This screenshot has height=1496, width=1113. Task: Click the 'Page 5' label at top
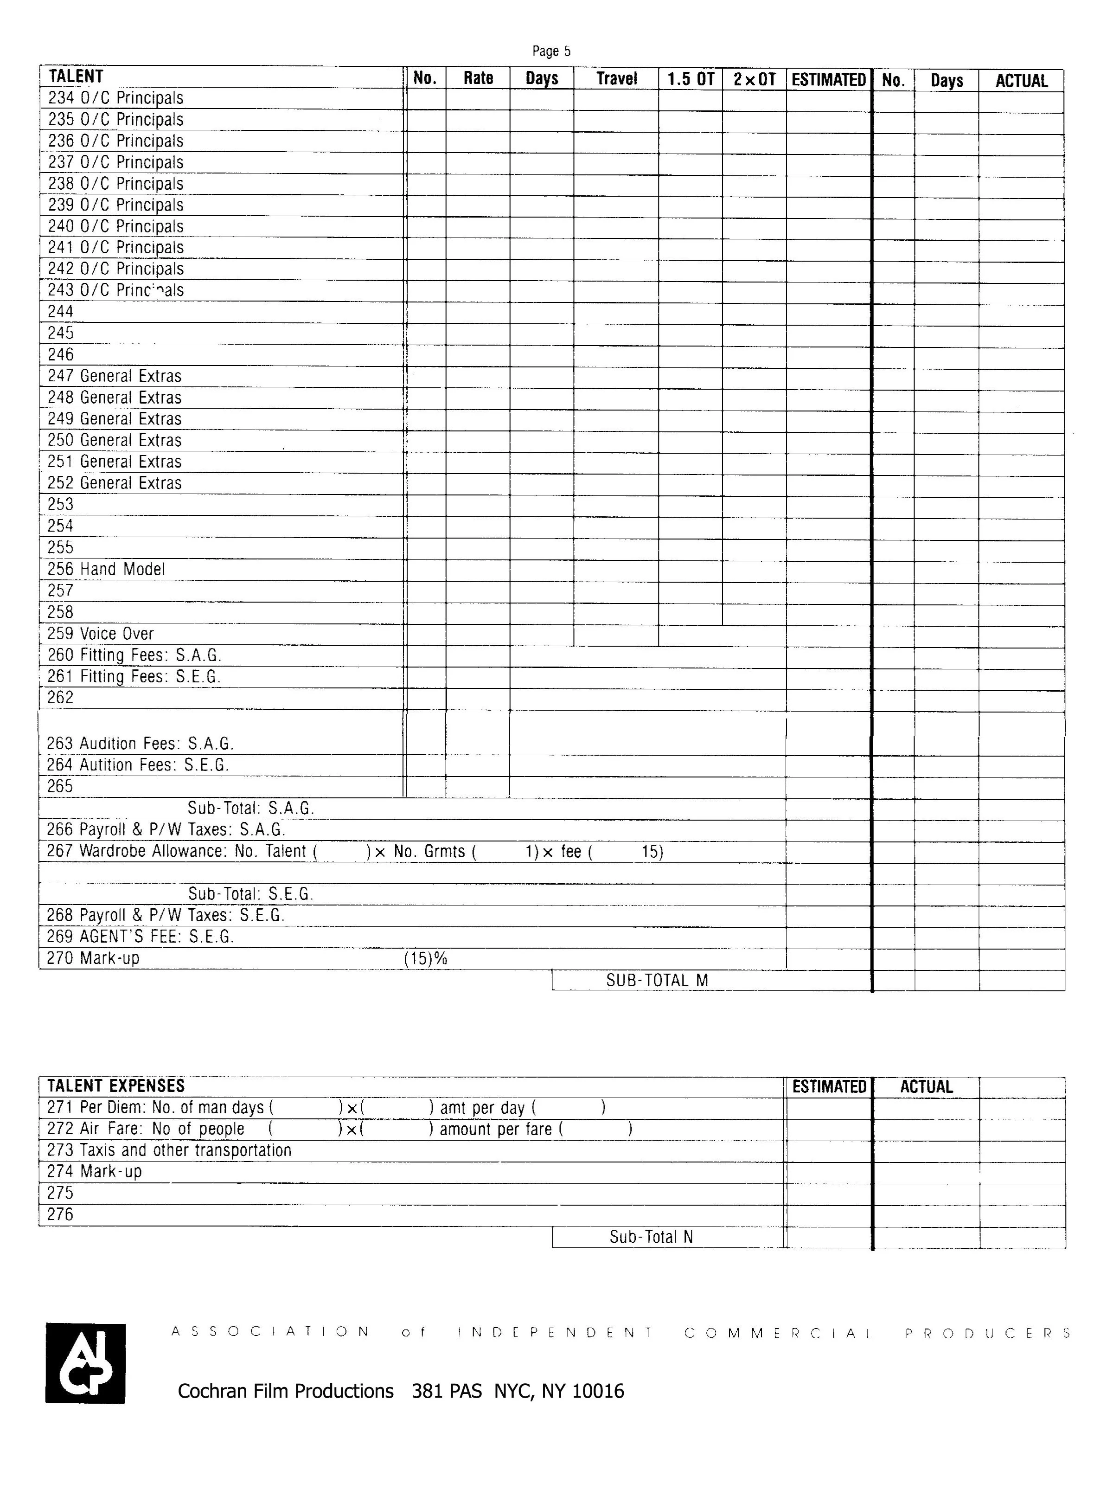(551, 51)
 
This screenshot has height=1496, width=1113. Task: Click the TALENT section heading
(76, 76)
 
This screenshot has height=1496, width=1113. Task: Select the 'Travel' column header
(616, 79)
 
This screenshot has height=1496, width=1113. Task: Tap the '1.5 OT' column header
(690, 79)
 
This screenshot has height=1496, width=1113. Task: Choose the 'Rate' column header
(478, 78)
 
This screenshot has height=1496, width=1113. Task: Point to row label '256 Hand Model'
(106, 570)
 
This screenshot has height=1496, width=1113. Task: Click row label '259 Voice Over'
(100, 634)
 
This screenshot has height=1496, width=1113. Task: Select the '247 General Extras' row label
(115, 376)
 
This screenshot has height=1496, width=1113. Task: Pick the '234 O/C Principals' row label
(115, 98)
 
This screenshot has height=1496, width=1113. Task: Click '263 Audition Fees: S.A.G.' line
(140, 744)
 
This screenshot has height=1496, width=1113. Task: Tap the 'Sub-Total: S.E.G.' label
(250, 894)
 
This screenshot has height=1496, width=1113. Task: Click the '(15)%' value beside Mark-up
(425, 958)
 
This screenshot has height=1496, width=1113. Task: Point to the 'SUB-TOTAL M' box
(657, 981)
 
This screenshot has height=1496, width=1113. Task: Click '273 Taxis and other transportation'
(169, 1150)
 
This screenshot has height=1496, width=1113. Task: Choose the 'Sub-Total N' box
(651, 1237)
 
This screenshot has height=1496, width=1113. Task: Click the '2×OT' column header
(754, 79)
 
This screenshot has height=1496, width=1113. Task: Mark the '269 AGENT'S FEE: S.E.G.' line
(140, 937)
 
